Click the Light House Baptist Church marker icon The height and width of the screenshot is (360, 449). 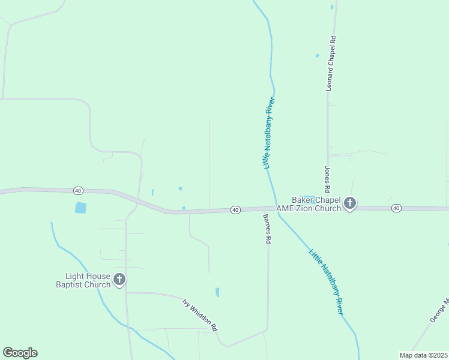tap(119, 279)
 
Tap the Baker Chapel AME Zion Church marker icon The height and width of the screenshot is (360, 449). tap(350, 204)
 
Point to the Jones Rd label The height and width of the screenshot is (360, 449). tap(328, 178)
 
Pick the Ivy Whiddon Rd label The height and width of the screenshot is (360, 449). tap(200, 313)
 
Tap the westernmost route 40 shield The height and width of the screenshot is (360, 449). tap(78, 190)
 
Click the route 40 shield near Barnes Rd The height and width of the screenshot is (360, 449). tap(235, 210)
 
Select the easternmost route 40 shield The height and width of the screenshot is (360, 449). tap(396, 208)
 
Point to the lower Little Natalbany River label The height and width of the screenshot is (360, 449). tap(326, 281)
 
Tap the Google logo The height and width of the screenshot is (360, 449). tap(20, 353)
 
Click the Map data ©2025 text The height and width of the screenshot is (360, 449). tap(423, 355)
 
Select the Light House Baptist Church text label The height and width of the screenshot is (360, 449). tap(83, 280)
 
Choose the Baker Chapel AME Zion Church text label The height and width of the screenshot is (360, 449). tap(308, 204)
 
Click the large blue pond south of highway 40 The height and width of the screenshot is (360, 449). tap(80, 208)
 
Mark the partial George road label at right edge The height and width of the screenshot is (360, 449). tap(439, 311)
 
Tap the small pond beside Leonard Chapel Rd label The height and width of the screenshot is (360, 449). tap(317, 56)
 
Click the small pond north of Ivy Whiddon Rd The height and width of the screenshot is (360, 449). tap(217, 292)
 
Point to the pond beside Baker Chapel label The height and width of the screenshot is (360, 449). tap(307, 197)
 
